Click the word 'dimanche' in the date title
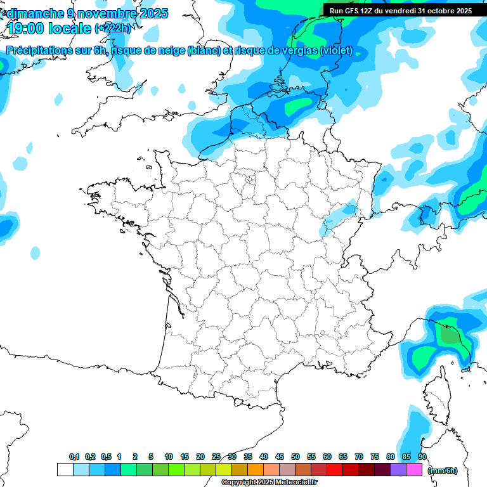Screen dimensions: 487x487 point(34,13)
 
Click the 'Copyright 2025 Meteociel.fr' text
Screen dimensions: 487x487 point(269,483)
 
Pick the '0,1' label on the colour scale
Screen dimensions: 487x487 point(74,457)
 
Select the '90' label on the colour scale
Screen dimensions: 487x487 point(422,457)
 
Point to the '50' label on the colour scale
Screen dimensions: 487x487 point(295,457)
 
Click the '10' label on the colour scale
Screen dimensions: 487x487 point(169,457)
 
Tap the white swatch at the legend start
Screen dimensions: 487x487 point(65,470)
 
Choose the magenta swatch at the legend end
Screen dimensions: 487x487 point(414,470)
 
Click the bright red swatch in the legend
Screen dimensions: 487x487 point(335,470)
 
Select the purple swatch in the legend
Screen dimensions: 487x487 point(398,470)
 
